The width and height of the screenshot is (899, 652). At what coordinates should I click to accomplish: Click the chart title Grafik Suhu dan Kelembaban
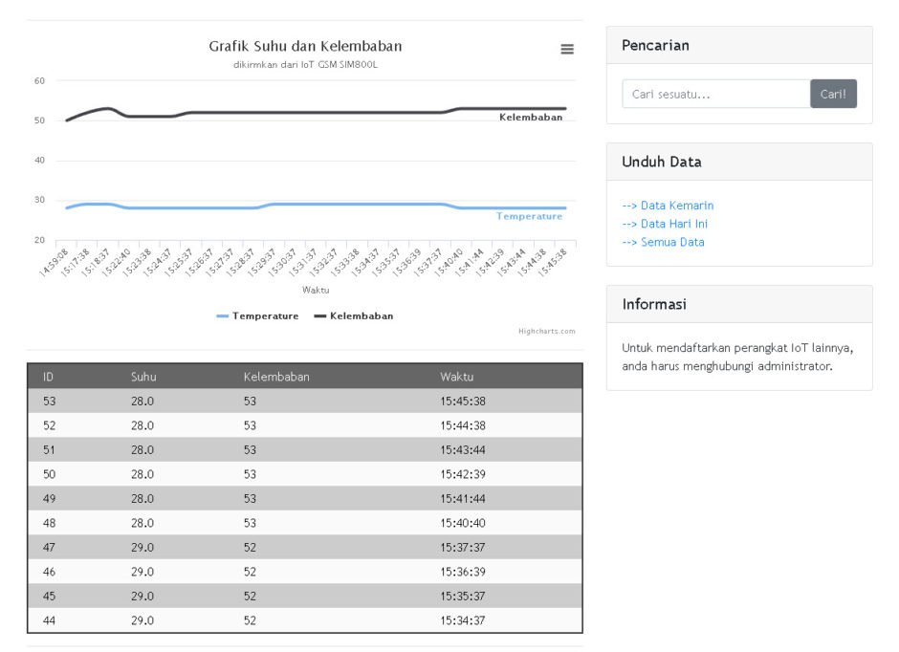pos(305,46)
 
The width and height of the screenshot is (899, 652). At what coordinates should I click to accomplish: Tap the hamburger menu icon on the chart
pos(567,50)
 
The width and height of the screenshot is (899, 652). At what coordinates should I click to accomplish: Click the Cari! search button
pos(833,94)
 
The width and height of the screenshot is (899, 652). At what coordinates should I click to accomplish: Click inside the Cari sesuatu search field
pos(716,94)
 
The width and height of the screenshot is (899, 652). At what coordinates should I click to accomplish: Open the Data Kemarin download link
pos(668,206)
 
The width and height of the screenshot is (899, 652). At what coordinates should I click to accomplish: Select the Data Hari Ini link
pos(665,224)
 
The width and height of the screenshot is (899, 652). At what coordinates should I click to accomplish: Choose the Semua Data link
pos(664,242)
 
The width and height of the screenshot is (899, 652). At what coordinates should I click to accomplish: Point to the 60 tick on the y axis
pos(39,81)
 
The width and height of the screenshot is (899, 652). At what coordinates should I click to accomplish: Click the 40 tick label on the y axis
pos(39,160)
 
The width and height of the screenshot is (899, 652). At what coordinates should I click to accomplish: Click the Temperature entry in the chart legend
pos(258,315)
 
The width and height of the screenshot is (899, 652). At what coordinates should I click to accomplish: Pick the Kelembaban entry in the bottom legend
pos(354,315)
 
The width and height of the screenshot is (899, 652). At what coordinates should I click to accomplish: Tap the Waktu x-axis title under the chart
pos(316,290)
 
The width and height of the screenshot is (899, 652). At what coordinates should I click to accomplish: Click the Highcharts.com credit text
pos(547,331)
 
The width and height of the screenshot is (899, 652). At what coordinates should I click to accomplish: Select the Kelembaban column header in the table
pos(276,377)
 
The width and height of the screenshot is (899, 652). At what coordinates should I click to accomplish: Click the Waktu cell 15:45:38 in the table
pos(463,402)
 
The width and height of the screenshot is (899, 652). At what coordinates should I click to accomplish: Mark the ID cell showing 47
pos(50,547)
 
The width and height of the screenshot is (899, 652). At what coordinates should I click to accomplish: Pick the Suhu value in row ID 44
pos(143,620)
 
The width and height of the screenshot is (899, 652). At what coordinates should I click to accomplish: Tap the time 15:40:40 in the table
pos(463,523)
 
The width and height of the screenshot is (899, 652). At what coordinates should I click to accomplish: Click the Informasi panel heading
pos(654,304)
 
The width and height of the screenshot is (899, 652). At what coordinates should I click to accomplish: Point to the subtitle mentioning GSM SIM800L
pos(306,65)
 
